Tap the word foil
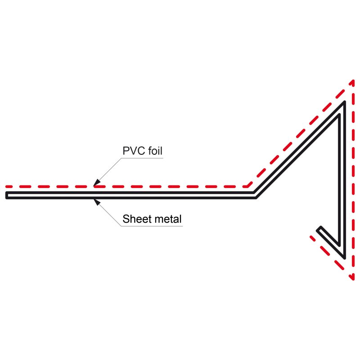(x=153, y=151)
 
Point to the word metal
(x=167, y=219)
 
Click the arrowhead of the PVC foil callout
(x=94, y=183)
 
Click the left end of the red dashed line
(x=7, y=186)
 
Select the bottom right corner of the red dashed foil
(x=353, y=278)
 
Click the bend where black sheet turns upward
(x=256, y=195)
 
